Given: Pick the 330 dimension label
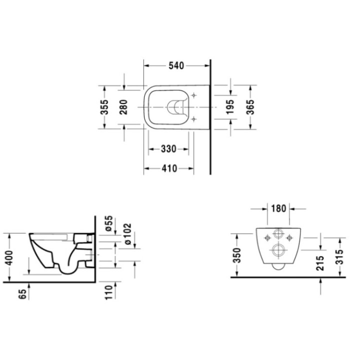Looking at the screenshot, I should click(168, 149).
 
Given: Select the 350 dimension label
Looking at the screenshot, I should click(237, 255).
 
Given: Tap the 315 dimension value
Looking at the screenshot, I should click(339, 259).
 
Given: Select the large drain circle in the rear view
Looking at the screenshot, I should click(277, 250).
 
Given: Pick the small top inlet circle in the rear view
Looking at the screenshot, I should click(278, 236).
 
